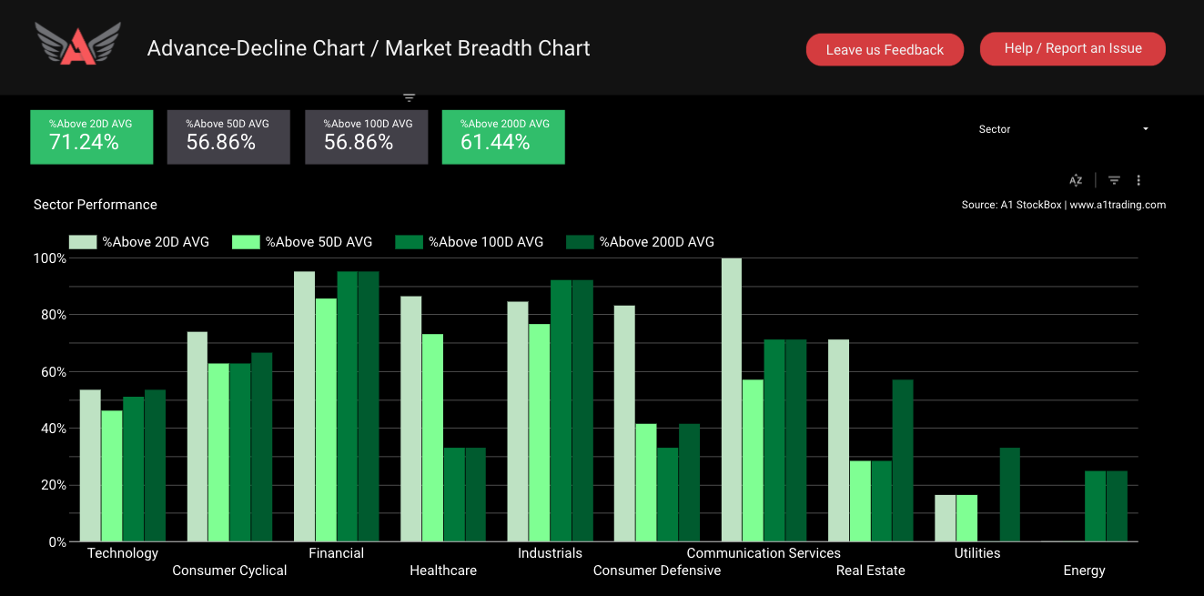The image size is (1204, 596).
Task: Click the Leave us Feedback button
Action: point(884,50)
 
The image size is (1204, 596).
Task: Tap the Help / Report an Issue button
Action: point(1072,48)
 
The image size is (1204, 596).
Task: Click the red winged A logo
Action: point(77,45)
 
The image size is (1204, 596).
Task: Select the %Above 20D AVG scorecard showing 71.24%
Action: point(92,136)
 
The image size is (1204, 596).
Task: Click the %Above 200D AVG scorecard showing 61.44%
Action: point(503,136)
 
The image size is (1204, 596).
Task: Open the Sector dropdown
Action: point(1063,129)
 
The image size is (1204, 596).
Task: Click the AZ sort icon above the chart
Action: point(1076,180)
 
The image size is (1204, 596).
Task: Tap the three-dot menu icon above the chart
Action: point(1138,180)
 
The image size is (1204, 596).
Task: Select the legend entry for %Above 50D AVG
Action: point(302,242)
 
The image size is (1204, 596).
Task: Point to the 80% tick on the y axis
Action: point(50,315)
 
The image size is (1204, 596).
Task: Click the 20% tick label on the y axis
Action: point(50,485)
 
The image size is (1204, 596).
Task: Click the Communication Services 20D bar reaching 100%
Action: point(732,400)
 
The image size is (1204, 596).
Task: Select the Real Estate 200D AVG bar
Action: point(903,460)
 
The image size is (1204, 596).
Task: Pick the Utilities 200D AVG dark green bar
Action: point(1009,495)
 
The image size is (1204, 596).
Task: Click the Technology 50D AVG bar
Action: point(112,476)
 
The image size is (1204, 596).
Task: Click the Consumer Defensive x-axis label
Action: point(656,571)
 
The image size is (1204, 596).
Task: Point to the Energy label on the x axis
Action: point(1084,571)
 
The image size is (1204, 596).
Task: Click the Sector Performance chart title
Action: point(96,205)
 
